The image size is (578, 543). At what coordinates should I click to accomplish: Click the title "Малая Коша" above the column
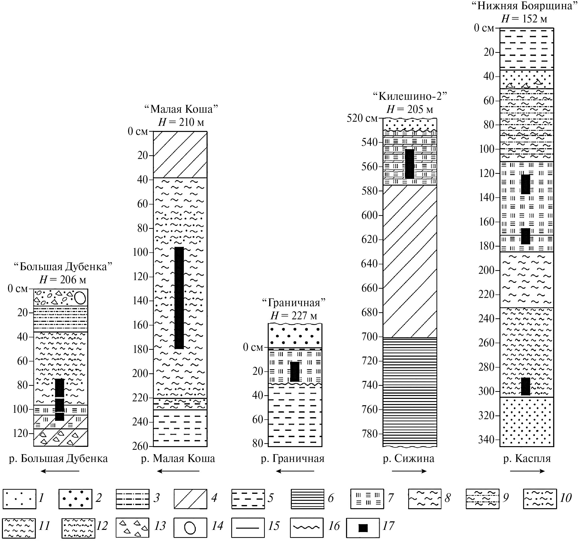click(x=181, y=109)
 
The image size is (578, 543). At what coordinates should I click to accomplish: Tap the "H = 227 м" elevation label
click(x=294, y=316)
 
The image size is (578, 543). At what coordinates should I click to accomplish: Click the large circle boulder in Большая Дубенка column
click(x=80, y=298)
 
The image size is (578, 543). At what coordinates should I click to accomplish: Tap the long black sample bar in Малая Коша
click(x=179, y=298)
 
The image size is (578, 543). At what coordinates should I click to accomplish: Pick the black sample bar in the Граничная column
click(x=295, y=372)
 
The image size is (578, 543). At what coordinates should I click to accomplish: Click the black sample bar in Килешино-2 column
click(x=410, y=164)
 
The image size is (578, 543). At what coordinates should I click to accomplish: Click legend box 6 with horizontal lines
click(x=308, y=499)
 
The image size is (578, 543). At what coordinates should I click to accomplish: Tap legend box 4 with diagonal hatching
click(x=190, y=499)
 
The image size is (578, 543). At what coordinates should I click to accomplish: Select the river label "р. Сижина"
click(x=409, y=459)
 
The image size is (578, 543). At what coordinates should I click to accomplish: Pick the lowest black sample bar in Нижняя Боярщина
click(x=525, y=387)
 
